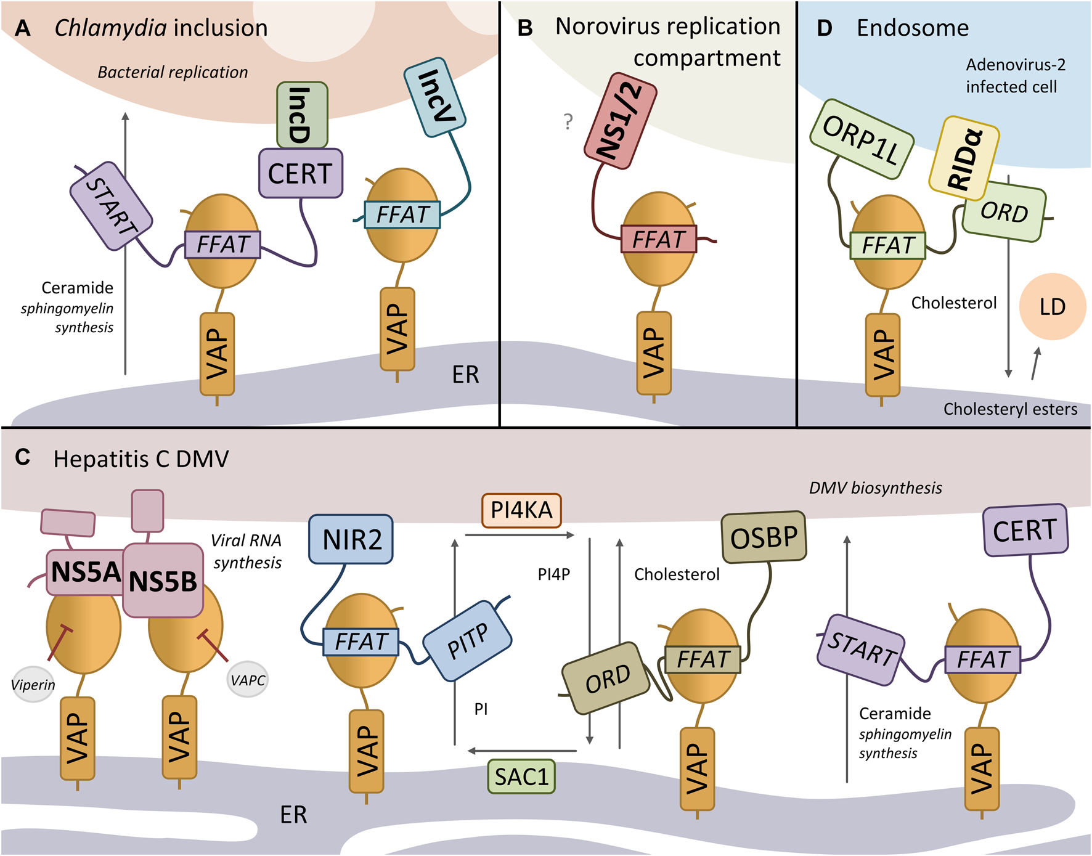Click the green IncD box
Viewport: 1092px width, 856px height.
coord(302,115)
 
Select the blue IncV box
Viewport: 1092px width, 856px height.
coord(435,97)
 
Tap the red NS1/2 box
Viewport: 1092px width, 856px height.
coord(621,121)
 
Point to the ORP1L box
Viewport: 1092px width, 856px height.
coord(861,139)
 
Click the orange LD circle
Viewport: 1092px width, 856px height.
coord(1052,307)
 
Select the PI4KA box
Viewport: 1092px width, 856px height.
coord(521,510)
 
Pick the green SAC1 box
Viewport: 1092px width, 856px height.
coord(521,777)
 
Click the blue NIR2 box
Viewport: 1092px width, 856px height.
coord(351,539)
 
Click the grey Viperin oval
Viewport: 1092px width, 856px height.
coord(33,684)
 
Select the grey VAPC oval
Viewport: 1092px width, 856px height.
coord(248,680)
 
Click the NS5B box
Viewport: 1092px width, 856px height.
coord(163,581)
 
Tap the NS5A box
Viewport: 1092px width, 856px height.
coord(84,572)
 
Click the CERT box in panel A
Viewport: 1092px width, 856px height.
coord(300,173)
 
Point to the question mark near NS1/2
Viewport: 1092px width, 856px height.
coord(568,121)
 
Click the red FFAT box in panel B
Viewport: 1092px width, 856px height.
coord(658,239)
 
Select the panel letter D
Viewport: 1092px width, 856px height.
coord(824,28)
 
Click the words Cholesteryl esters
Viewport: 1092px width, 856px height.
coord(1010,409)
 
